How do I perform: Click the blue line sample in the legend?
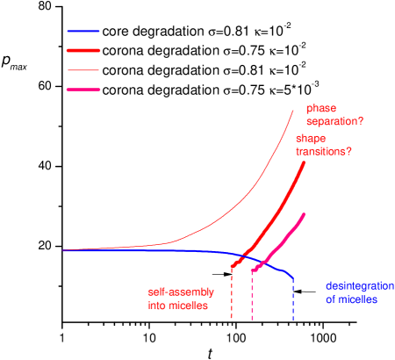tap(83, 31)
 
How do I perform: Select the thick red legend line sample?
tap(83, 50)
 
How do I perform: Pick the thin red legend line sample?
tap(83, 69)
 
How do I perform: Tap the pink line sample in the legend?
tap(83, 90)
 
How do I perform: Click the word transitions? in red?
tap(325, 151)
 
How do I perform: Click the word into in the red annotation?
tap(157, 306)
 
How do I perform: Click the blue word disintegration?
tap(360, 285)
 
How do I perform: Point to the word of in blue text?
tap(331, 299)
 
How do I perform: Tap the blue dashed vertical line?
tap(293, 299)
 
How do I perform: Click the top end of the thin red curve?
tap(292, 108)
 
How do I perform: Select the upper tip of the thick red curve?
tap(304, 162)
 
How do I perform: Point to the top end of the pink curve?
tap(304, 213)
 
